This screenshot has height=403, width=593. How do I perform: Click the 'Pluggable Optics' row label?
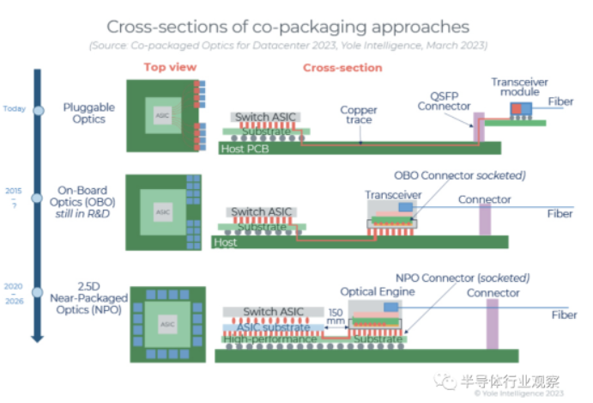coord(89,113)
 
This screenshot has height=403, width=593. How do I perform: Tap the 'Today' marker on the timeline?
coord(14,109)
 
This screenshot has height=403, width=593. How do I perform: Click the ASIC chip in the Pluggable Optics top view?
coord(161,113)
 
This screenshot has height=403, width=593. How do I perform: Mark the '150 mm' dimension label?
coord(335,316)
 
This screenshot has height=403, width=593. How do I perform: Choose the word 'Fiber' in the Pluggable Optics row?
coord(561,102)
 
